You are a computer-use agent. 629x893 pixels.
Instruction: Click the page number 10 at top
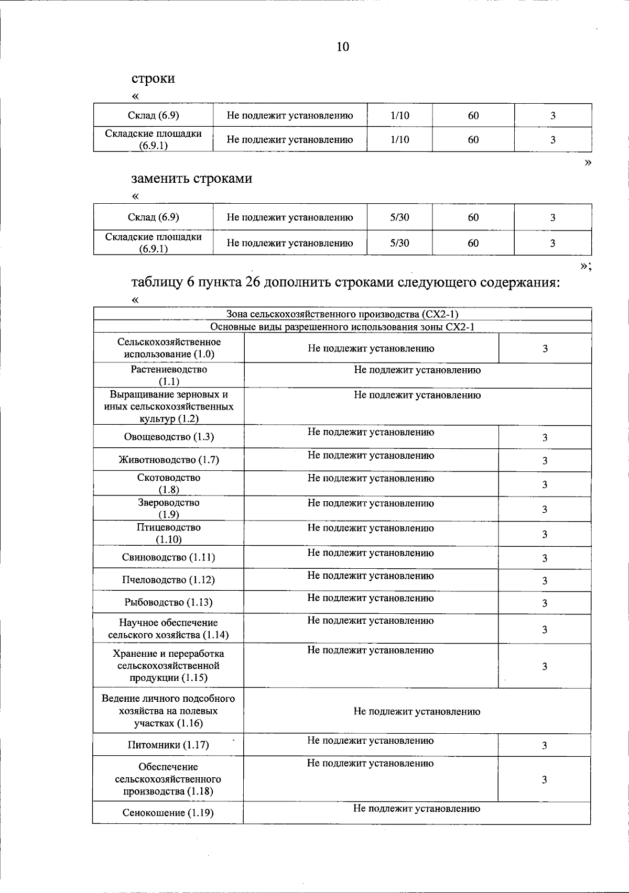point(342,47)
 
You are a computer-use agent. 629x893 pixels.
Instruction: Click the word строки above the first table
point(153,79)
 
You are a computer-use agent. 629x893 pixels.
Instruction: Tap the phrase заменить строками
point(191,179)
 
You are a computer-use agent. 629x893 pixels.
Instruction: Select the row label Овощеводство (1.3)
point(169,437)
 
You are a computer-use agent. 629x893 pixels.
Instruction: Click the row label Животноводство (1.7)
point(169,460)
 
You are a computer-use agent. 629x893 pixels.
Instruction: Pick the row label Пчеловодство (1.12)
point(169,580)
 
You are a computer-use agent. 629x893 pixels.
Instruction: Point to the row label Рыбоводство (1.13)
point(169,602)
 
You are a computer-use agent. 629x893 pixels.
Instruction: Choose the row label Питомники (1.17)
point(169,745)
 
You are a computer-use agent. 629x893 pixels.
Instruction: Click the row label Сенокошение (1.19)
point(169,813)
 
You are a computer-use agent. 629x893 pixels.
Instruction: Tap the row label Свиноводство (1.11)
point(169,557)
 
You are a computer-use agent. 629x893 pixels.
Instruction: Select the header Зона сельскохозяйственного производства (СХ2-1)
point(342,314)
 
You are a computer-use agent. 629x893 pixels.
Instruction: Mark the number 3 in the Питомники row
point(545,745)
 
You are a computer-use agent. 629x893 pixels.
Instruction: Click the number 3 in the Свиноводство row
point(545,558)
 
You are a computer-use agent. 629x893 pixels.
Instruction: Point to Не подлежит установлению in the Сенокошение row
point(417,809)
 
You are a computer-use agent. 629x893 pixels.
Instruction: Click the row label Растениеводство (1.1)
point(169,375)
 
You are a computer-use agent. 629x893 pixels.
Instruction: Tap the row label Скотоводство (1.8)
point(169,483)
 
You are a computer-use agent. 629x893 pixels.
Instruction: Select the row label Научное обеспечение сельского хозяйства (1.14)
point(169,629)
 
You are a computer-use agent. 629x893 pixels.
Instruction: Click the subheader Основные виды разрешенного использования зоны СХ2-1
point(342,327)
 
